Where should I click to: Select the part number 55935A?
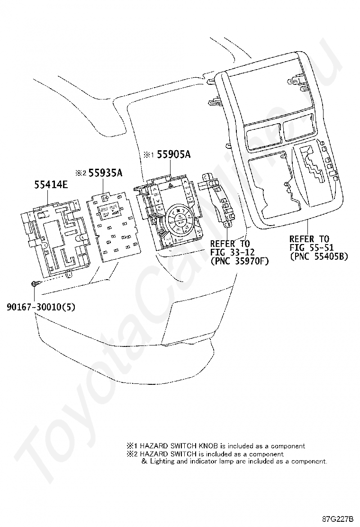(x=105, y=173)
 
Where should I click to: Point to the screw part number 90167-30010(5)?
(x=41, y=307)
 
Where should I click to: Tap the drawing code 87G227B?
(x=338, y=518)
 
